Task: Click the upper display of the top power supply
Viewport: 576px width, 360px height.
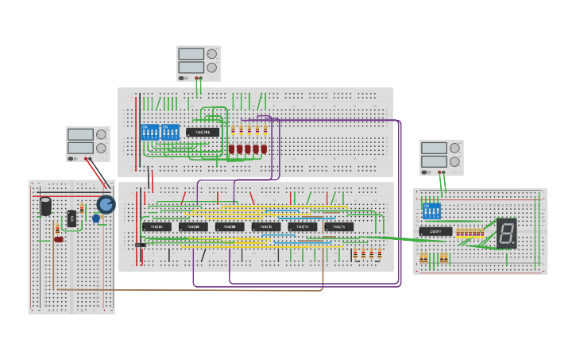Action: coord(191,54)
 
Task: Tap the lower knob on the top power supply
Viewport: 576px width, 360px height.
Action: coord(211,68)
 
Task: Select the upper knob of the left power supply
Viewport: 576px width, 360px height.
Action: coord(101,134)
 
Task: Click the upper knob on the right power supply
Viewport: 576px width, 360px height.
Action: coord(454,148)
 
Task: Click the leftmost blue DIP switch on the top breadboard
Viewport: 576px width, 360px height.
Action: coord(149,132)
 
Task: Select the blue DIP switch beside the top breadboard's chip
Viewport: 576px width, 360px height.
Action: coord(170,132)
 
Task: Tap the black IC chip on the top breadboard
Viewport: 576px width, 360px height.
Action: coord(203,132)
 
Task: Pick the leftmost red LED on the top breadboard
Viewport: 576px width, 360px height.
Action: coord(232,149)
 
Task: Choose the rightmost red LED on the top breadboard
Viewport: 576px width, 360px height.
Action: coord(264,149)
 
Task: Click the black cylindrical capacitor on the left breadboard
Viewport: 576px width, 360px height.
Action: coord(46,207)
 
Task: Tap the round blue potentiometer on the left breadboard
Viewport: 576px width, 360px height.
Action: coord(106,205)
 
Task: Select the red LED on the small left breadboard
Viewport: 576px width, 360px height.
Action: coord(58,239)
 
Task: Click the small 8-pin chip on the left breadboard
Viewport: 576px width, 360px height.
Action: coord(72,218)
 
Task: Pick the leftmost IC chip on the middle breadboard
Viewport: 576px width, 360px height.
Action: coord(157,227)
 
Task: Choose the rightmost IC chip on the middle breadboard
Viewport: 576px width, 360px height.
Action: coord(338,227)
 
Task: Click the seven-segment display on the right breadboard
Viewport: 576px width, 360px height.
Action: coord(506,233)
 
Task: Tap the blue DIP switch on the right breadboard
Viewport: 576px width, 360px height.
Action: coord(431,211)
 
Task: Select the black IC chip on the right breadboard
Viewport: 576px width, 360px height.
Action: coord(435,231)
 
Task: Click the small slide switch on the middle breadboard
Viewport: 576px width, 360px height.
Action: coord(140,245)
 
